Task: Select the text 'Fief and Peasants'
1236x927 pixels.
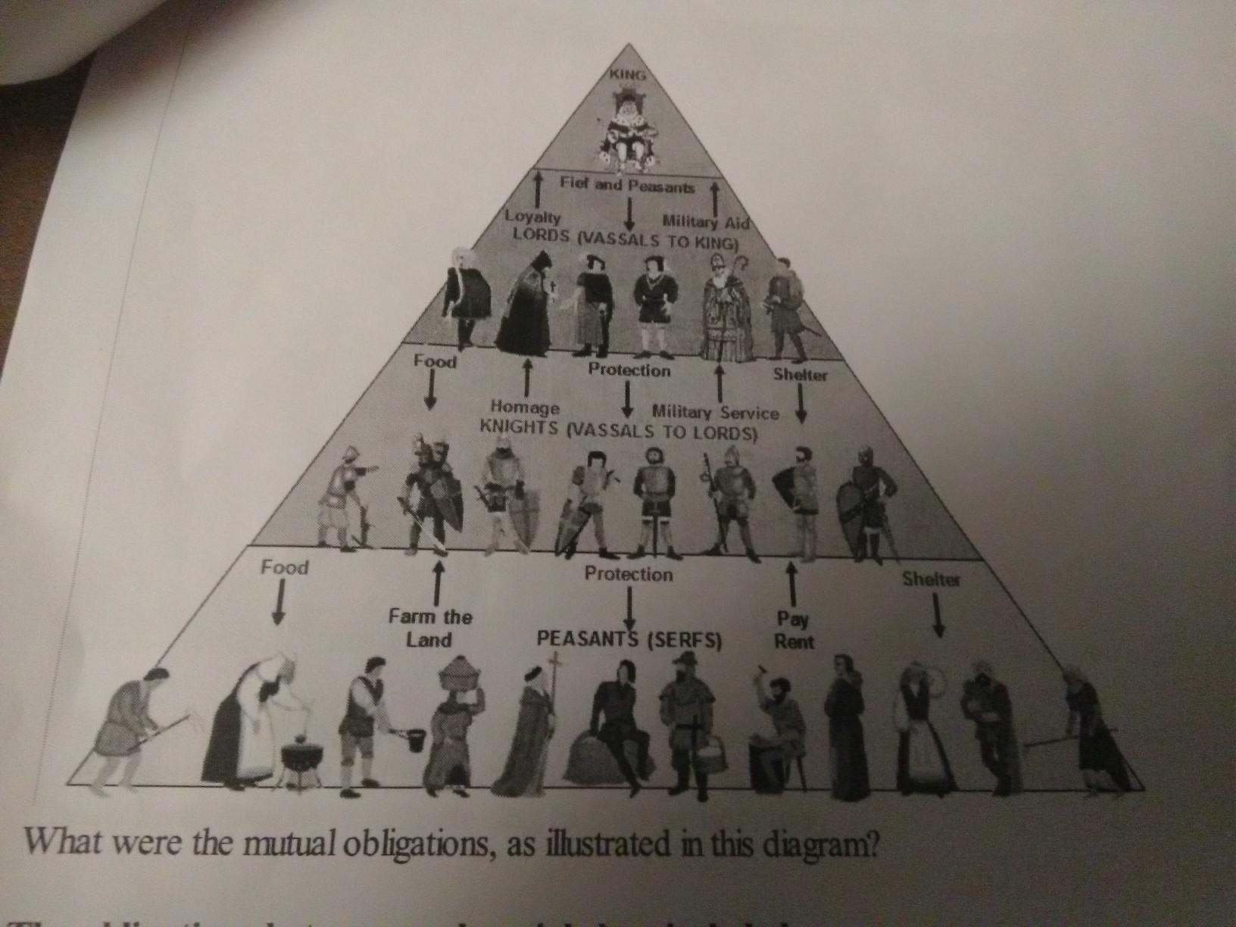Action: click(627, 183)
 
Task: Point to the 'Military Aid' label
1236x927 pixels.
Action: click(705, 221)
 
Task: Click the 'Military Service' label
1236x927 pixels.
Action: click(716, 413)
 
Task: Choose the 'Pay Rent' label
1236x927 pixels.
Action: click(793, 631)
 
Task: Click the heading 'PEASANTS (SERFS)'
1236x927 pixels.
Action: click(629, 640)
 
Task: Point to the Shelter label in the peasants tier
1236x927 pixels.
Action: click(931, 580)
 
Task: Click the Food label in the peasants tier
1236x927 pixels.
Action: click(285, 567)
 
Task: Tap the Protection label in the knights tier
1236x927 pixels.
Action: click(629, 370)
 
